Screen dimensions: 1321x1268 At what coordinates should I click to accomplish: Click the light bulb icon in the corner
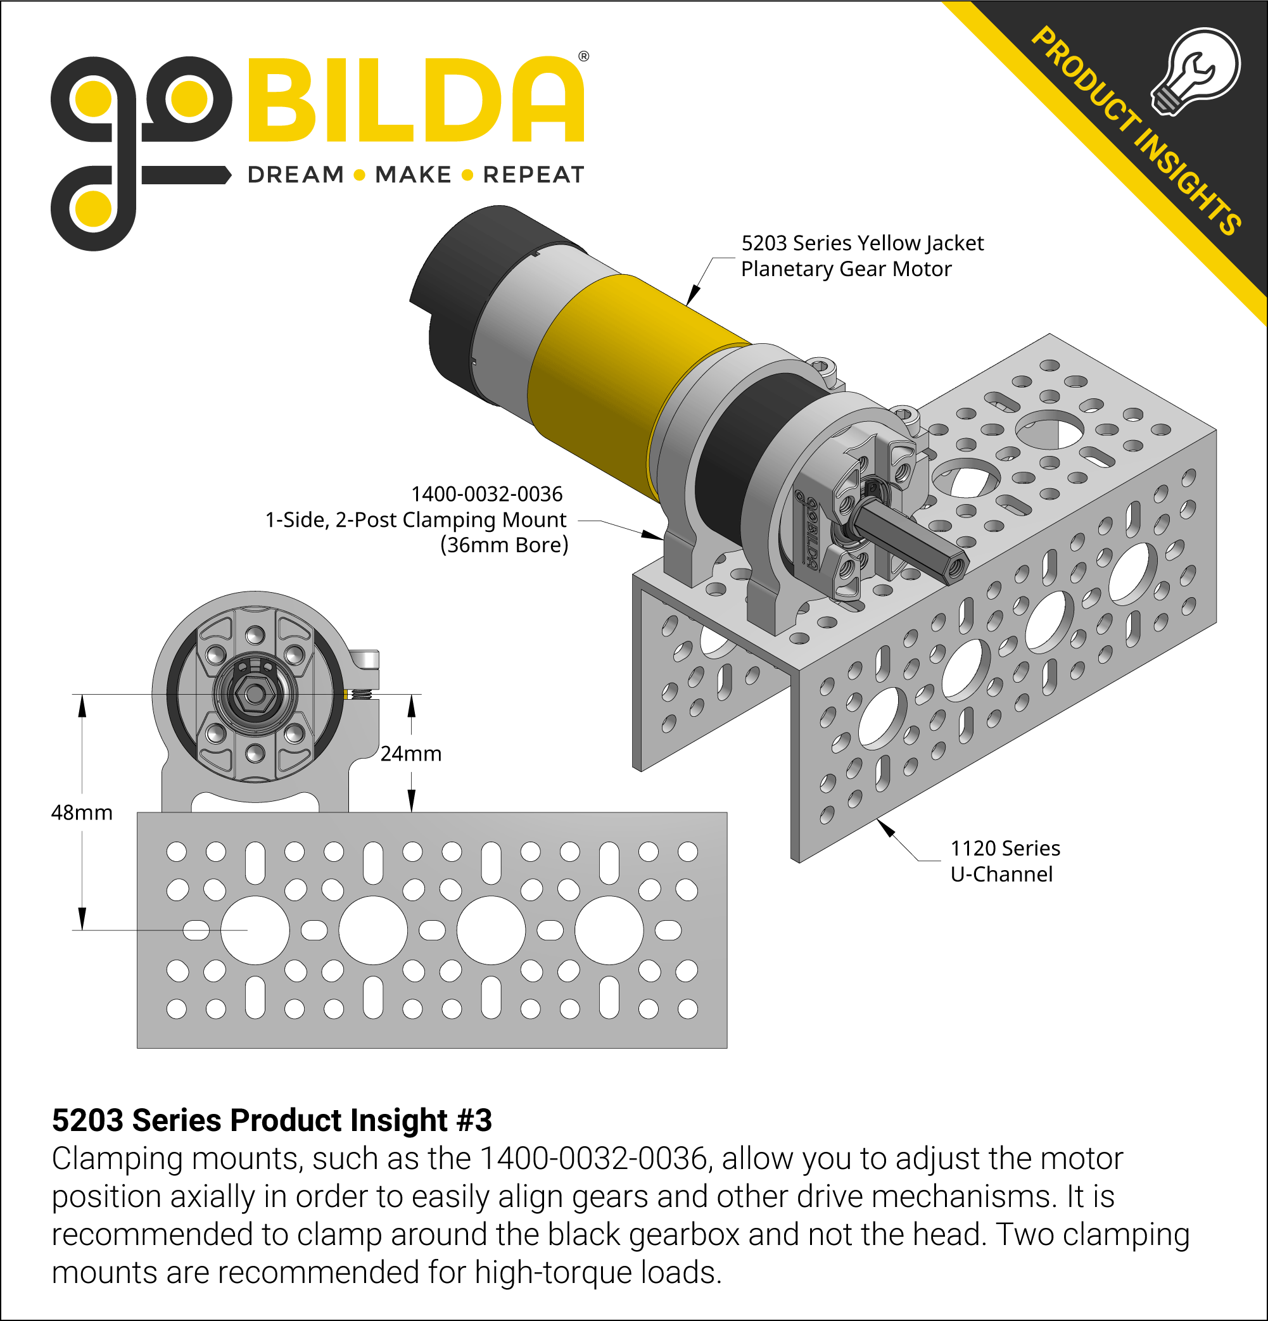tap(1196, 71)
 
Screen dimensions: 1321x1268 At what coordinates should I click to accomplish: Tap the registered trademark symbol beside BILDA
tap(584, 56)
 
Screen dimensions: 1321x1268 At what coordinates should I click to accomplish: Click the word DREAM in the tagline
tap(296, 175)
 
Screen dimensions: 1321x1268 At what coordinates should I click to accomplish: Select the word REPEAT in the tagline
tap(533, 175)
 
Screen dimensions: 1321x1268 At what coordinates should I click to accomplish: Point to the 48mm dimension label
tap(82, 813)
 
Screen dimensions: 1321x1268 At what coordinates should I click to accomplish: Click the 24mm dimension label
tap(410, 754)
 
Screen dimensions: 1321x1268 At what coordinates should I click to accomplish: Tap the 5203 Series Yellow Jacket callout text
tap(861, 243)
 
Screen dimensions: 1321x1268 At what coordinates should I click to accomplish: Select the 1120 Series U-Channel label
tap(1005, 861)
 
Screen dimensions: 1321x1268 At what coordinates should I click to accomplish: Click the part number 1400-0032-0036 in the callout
tap(486, 494)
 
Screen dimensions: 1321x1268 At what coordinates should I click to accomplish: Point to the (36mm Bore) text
tap(504, 545)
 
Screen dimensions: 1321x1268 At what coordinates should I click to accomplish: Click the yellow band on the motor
tap(607, 377)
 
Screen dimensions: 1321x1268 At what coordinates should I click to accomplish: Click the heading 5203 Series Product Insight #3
tap(272, 1120)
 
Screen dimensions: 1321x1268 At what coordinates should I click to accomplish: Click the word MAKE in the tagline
tap(413, 175)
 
